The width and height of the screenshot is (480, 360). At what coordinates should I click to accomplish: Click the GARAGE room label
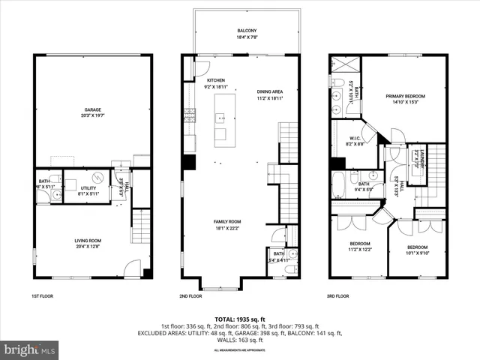click(92, 109)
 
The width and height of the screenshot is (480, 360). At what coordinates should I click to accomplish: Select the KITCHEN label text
click(216, 80)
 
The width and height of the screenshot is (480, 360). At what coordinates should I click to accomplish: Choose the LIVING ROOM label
click(87, 241)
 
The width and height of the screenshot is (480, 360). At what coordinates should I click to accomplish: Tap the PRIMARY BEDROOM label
click(405, 96)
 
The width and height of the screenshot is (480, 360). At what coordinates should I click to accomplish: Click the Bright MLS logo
click(29, 349)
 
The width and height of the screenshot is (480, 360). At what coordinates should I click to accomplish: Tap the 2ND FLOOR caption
click(191, 296)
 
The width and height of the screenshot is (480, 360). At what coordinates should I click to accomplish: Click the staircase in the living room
click(141, 226)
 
